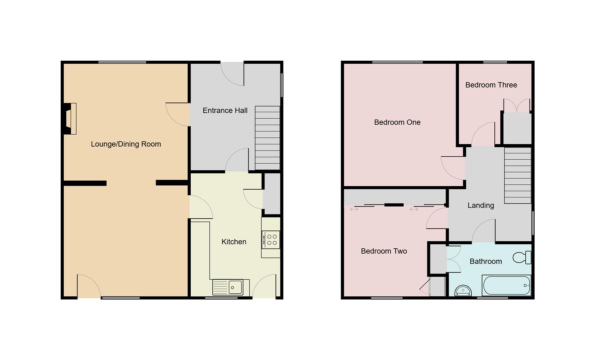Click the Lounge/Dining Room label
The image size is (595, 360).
[x=126, y=144]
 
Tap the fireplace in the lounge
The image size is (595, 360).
[x=70, y=119]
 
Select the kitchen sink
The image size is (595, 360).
[x=231, y=287]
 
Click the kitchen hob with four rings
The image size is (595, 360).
[x=271, y=240]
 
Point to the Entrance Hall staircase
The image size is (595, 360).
[x=267, y=138]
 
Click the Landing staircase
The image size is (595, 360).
[x=517, y=175]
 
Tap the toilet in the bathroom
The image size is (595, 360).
[x=522, y=257]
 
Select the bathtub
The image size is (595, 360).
[x=506, y=285]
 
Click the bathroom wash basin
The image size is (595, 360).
[x=463, y=291]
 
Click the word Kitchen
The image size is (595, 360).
[x=234, y=242]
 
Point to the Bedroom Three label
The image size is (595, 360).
[x=491, y=85]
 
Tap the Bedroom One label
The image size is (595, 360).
[x=397, y=122]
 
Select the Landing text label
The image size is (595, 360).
[x=480, y=205]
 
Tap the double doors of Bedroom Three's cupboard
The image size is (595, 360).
[x=516, y=106]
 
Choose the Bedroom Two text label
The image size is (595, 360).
[x=384, y=251]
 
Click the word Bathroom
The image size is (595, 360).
[x=485, y=261]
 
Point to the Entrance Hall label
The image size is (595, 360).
[x=225, y=110]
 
